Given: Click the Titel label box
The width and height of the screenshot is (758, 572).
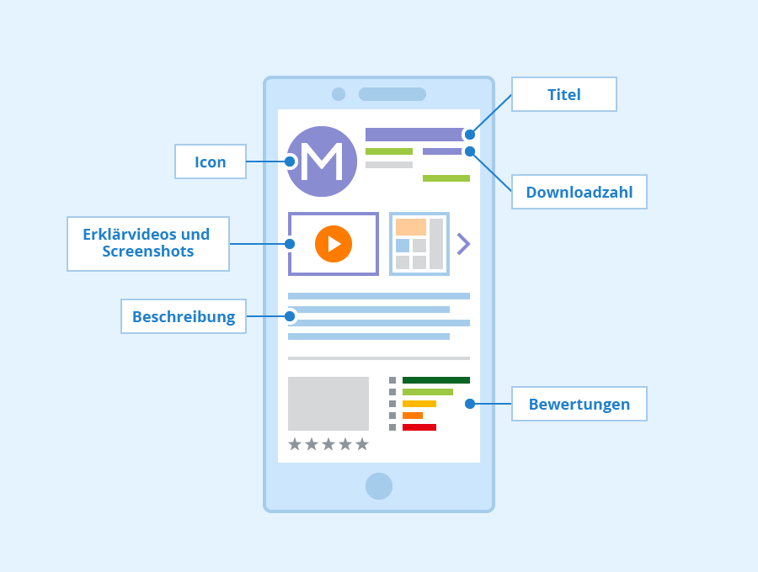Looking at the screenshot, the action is click(x=564, y=94).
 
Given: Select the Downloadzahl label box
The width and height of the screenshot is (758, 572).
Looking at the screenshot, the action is click(x=579, y=192).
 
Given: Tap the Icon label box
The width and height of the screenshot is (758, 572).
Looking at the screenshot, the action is click(x=211, y=162).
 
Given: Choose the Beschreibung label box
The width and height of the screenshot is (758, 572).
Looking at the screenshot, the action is click(x=184, y=316).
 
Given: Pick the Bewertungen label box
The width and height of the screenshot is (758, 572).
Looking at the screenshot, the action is click(x=579, y=404).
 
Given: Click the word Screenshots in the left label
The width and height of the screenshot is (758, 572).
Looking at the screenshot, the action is click(x=148, y=252).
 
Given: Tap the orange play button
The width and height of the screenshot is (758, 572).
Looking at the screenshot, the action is click(x=334, y=244).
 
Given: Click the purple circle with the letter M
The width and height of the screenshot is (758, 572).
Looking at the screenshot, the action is click(x=322, y=162).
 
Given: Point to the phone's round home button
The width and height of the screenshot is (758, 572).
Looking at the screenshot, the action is click(x=379, y=486).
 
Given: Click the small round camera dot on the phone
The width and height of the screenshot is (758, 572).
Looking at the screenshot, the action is click(x=339, y=94).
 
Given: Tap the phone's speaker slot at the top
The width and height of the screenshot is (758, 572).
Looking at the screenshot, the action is click(x=392, y=94).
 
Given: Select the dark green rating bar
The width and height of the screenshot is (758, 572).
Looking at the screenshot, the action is click(x=436, y=380).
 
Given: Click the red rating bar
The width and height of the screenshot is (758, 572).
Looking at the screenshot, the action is click(x=419, y=427).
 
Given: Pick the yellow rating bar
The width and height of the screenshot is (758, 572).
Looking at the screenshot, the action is click(x=419, y=404).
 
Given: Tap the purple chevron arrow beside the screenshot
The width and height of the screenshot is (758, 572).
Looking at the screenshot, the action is click(x=463, y=244).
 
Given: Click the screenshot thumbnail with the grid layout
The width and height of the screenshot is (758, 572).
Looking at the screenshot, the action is click(x=419, y=244).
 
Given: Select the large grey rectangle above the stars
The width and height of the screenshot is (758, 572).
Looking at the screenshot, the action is click(x=328, y=404).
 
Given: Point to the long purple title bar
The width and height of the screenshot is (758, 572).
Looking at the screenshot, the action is click(x=414, y=135).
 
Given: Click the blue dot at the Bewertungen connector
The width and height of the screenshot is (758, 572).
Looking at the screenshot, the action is click(x=470, y=404).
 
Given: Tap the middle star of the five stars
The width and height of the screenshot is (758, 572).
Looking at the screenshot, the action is click(x=328, y=444).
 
